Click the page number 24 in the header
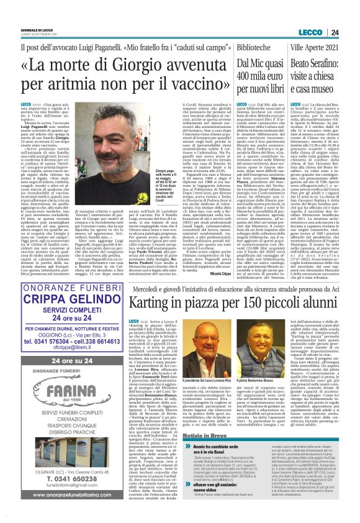pyautogui.click(x=351, y=14)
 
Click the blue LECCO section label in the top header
pyautogui.click(x=328, y=14)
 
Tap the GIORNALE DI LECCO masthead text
pyautogui.click(x=17, y=12)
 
